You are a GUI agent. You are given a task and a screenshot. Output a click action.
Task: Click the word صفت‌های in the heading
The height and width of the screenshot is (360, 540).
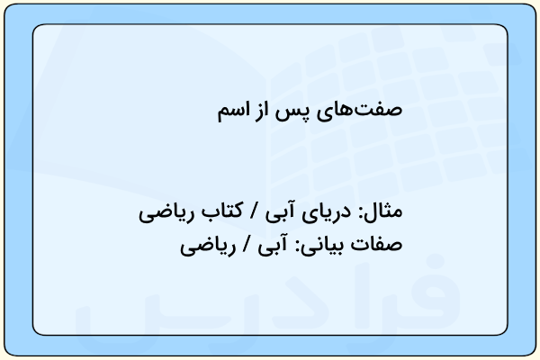tap(359, 110)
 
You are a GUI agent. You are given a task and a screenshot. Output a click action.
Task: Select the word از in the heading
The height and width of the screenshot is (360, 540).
tap(262, 110)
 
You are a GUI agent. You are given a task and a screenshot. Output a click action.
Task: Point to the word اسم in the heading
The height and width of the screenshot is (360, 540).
tap(232, 111)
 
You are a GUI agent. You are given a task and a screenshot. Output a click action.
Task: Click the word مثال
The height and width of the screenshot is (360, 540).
tap(383, 211)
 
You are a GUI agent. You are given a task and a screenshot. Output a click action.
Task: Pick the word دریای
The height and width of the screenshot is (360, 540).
tap(327, 212)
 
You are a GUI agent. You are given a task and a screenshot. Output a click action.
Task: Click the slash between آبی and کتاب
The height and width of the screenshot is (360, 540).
tap(254, 211)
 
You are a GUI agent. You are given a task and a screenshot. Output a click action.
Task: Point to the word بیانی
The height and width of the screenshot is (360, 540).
tap(328, 246)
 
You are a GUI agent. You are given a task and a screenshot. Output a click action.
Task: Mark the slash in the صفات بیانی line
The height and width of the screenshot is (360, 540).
tap(247, 244)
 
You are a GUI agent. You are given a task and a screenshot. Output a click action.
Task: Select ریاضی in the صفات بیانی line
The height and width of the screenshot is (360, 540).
tap(208, 247)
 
